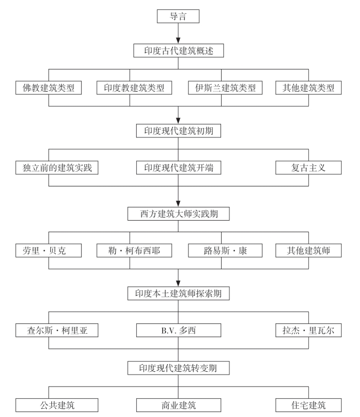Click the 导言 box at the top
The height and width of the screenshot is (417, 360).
(x=178, y=16)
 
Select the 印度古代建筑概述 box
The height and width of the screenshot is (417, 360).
(x=178, y=50)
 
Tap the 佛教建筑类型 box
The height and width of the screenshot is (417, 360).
(x=49, y=88)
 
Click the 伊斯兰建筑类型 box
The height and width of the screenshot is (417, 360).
(x=222, y=88)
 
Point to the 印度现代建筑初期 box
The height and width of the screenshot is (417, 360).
(x=178, y=131)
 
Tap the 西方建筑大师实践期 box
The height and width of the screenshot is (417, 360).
(x=178, y=213)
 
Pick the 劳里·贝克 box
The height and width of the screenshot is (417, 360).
(x=49, y=250)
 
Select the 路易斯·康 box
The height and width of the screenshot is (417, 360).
(x=222, y=250)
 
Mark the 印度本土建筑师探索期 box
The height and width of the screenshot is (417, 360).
(x=178, y=293)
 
